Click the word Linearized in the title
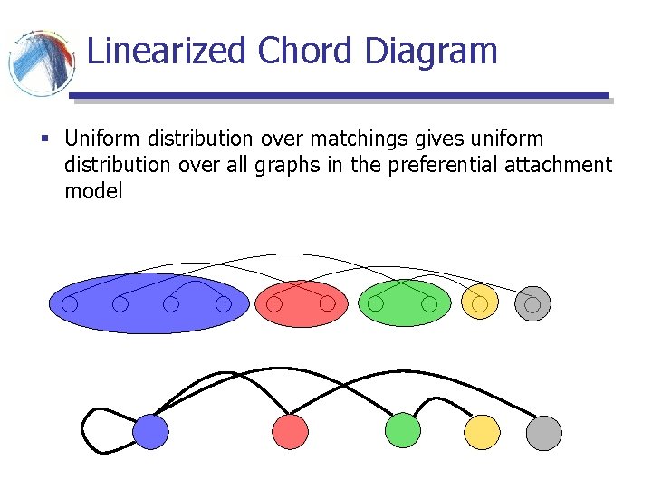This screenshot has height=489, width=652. [x=167, y=51]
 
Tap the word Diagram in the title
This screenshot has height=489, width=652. [x=431, y=51]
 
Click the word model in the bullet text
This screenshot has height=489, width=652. [x=93, y=191]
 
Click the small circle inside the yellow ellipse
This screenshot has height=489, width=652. [x=480, y=304]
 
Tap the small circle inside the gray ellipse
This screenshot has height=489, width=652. [x=532, y=304]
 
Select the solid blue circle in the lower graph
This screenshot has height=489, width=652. [x=151, y=432]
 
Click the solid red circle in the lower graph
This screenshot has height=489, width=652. [x=291, y=432]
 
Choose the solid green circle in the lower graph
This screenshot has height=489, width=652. [x=403, y=430]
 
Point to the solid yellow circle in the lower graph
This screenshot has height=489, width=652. [x=482, y=432]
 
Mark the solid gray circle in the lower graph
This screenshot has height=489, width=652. [x=544, y=432]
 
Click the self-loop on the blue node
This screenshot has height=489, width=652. [x=91, y=433]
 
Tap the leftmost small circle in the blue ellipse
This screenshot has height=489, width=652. [x=70, y=305]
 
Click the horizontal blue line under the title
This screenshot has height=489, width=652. [x=340, y=95]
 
